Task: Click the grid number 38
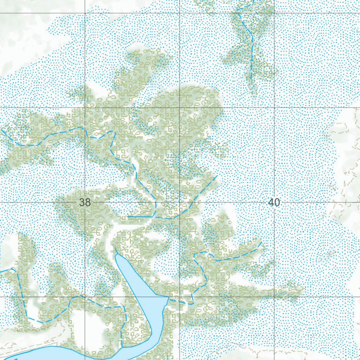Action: pyautogui.click(x=85, y=202)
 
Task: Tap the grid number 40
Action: pyautogui.click(x=274, y=202)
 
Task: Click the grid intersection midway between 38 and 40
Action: pyautogui.click(x=180, y=202)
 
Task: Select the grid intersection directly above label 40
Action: pyautogui.click(x=274, y=108)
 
